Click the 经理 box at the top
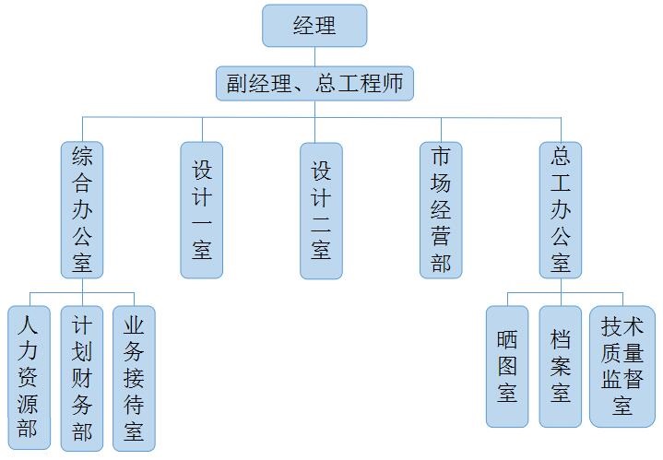coord(314,26)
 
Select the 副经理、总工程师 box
coord(314,83)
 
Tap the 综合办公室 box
coord(83,210)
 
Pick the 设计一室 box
coord(202,210)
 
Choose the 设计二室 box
coord(321,210)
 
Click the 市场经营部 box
coord(441,210)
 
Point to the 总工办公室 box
coord(561,210)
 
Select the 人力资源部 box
coord(29,378)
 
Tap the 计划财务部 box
coord(82,378)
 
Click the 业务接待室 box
coord(134,378)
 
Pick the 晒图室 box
coord(507,367)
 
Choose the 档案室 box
coord(561,367)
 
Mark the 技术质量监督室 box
coord(622,367)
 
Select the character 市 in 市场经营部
coord(441,158)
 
